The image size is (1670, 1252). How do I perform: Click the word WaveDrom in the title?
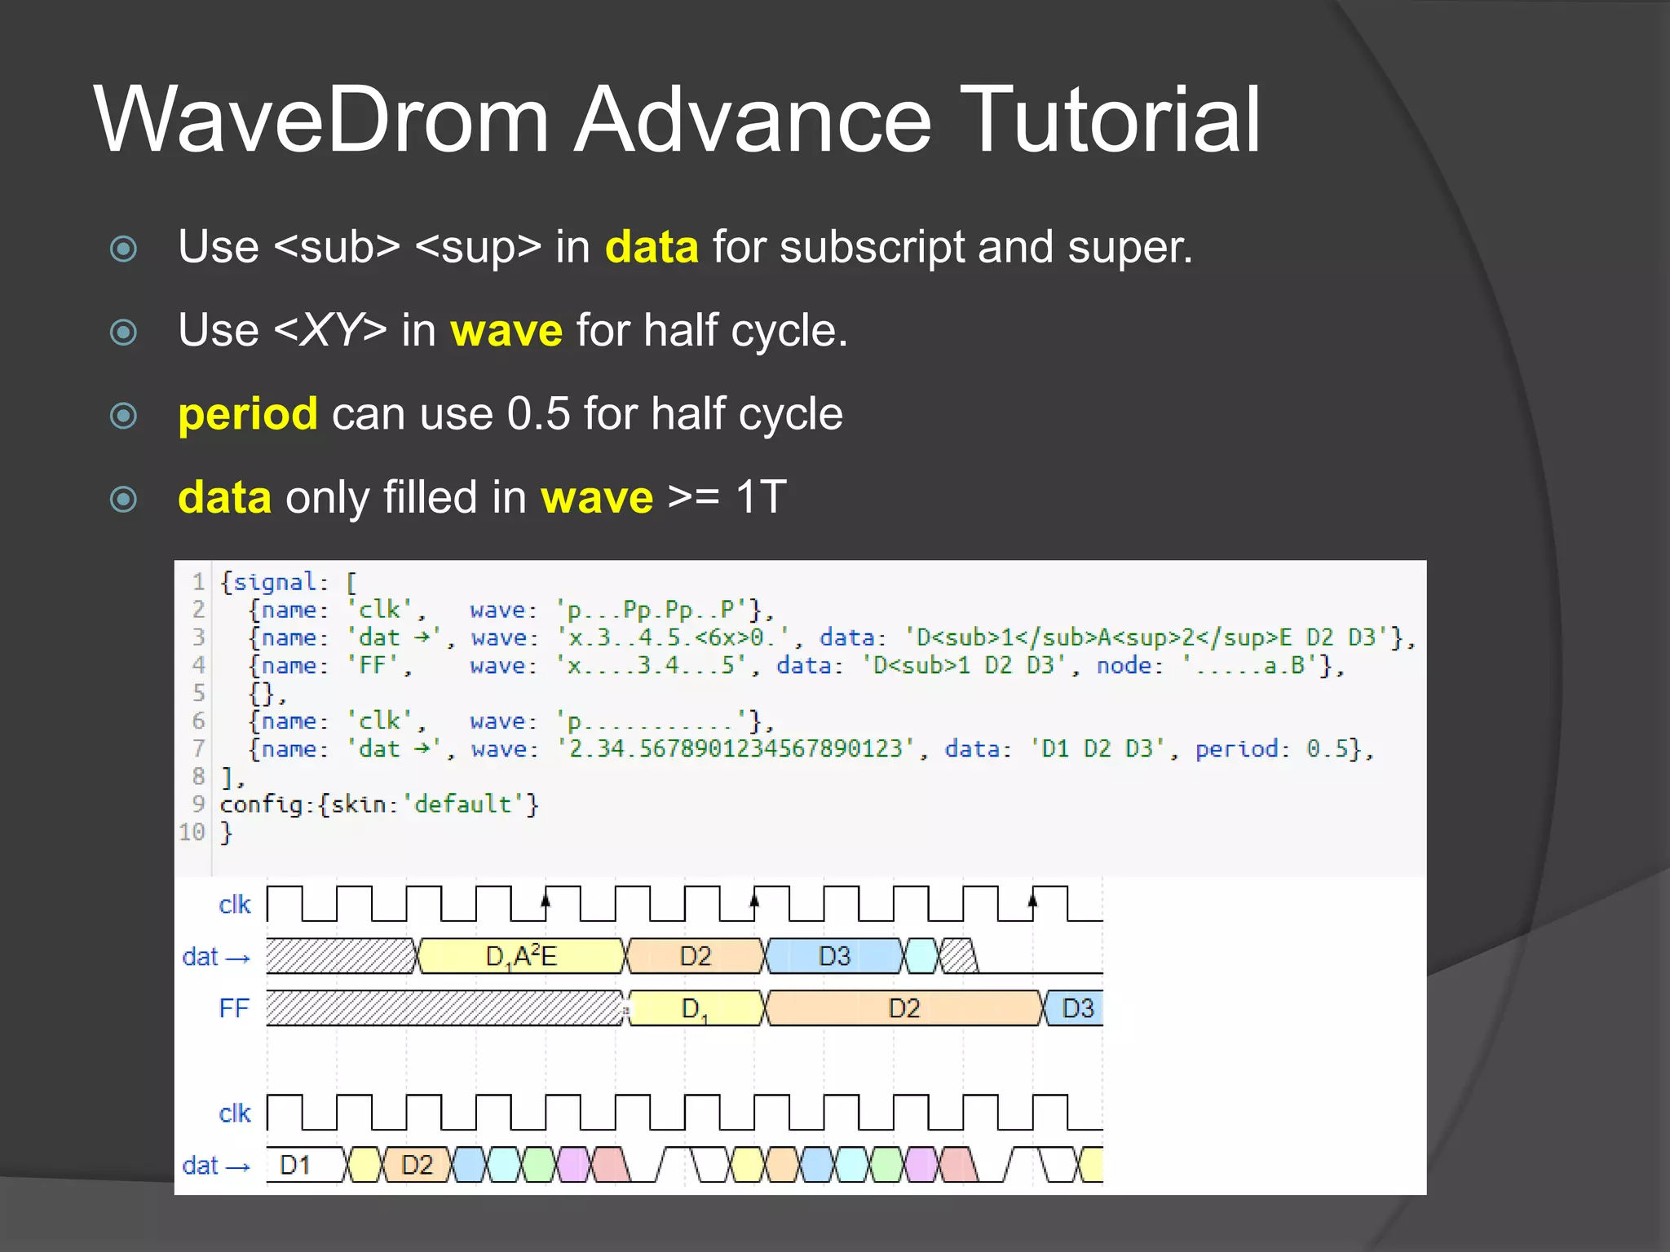coord(322,121)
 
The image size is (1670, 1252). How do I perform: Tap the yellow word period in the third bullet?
coord(248,414)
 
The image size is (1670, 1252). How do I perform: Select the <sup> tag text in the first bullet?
coord(478,247)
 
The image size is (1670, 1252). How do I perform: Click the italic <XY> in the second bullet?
coord(330,331)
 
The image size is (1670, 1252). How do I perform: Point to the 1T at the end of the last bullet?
coord(760,497)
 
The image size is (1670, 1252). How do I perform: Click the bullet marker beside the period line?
coord(123,416)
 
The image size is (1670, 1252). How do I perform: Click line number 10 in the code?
coord(192,832)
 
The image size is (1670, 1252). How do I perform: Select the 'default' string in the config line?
coord(462,805)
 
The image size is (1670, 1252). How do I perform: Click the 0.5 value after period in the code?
coord(1327,748)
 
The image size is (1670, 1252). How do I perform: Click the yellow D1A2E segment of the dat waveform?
coord(521,956)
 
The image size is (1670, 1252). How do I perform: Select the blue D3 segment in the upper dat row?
coord(834,956)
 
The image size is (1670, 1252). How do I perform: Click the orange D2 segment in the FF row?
coord(903,1008)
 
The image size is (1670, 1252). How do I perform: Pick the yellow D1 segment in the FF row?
coord(695,1008)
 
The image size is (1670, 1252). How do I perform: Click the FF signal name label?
coord(233,1008)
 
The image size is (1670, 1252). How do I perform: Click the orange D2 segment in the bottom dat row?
coord(417,1165)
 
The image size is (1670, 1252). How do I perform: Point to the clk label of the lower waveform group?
coord(235,1113)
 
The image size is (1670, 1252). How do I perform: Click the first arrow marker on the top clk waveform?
coord(546,898)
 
